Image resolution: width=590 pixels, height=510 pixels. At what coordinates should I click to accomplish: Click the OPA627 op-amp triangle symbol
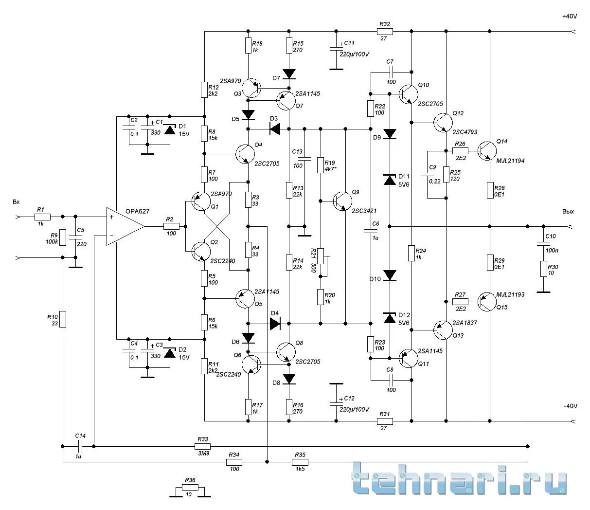coord(125,227)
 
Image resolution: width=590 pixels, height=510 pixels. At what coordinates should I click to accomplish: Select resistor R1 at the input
coord(42,217)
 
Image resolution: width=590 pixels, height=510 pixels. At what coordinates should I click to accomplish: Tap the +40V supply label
coord(569,16)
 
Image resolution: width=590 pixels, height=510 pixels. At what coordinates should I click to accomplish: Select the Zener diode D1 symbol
coord(170,129)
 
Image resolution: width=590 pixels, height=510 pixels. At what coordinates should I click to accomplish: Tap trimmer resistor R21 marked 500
coord(321,263)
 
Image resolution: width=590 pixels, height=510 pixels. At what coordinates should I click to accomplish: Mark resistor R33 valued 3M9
coord(202,446)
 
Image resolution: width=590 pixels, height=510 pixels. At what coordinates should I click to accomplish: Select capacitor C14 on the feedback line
coord(81,446)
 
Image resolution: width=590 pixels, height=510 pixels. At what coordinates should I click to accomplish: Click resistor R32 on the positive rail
coord(384,32)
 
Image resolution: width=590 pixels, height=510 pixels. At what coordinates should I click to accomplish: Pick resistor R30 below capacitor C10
coord(543,269)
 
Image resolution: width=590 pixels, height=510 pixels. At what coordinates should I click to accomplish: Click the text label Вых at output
coord(568,212)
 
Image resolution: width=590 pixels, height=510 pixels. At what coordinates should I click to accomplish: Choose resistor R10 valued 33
coord(63,319)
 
